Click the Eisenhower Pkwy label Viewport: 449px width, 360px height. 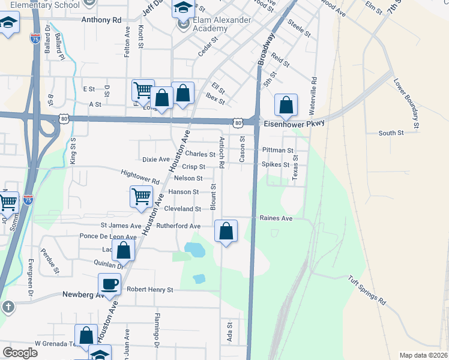click(x=294, y=123)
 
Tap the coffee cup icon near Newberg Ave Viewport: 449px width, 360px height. click(x=110, y=284)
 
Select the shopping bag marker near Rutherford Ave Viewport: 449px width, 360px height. click(x=226, y=231)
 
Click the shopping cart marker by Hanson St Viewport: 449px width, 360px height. click(x=141, y=196)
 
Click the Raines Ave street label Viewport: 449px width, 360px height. click(x=276, y=218)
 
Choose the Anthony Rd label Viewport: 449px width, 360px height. click(x=101, y=19)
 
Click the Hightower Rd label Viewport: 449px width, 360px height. click(x=140, y=176)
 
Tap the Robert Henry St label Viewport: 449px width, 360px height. click(x=149, y=290)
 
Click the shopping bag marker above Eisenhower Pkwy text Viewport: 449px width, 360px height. click(x=286, y=106)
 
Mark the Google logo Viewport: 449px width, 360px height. click(x=20, y=353)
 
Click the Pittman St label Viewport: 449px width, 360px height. click(x=277, y=151)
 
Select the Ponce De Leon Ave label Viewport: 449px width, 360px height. click(x=108, y=236)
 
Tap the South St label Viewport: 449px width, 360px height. click(x=391, y=133)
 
